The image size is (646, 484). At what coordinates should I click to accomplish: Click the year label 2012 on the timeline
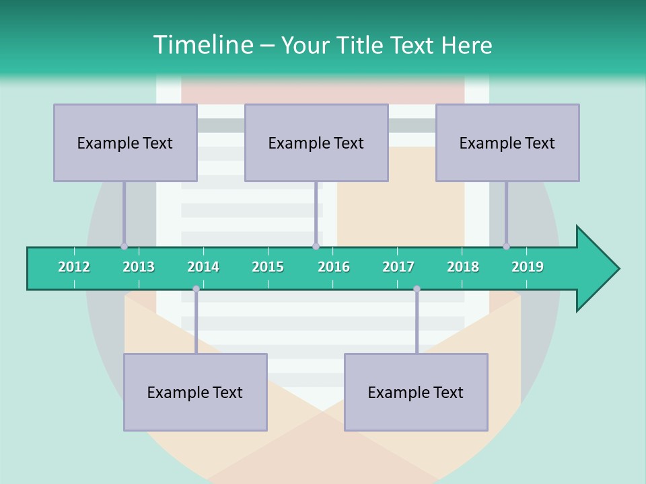click(x=74, y=267)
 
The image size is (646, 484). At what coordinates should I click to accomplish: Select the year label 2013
click(x=139, y=267)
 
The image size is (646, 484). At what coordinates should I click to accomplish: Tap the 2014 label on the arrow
click(x=203, y=267)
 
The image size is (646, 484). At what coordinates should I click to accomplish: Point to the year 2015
click(x=268, y=267)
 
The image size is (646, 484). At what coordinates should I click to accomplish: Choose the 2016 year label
click(x=334, y=267)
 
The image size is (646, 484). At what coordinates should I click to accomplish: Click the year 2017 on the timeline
click(x=398, y=267)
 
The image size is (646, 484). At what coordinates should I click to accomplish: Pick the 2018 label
click(x=463, y=267)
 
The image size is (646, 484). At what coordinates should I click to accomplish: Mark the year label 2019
click(x=528, y=267)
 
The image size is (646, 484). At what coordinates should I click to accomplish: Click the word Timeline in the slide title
click(x=203, y=45)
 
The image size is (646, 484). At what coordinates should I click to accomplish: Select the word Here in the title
click(x=467, y=45)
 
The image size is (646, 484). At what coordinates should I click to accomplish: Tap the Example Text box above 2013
click(x=125, y=143)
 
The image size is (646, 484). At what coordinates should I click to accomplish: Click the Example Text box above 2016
click(x=316, y=143)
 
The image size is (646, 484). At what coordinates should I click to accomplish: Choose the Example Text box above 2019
click(x=507, y=143)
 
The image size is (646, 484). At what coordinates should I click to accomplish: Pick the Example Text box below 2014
click(x=195, y=392)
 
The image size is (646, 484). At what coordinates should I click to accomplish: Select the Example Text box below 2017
click(x=416, y=392)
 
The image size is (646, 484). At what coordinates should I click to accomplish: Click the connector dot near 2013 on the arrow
click(x=124, y=246)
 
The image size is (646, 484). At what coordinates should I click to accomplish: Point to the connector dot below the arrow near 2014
click(x=196, y=289)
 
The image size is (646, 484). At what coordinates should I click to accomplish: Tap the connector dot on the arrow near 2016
click(x=316, y=246)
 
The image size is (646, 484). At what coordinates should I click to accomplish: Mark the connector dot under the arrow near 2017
click(x=417, y=289)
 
